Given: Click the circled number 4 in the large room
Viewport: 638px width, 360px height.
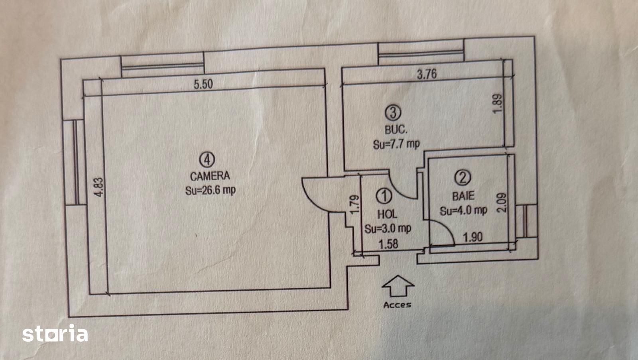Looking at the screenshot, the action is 207,159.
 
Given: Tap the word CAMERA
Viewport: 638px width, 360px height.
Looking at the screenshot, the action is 210,176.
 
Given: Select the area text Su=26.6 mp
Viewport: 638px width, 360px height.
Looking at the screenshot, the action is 211,191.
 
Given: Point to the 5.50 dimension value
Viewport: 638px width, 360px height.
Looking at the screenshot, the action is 203,85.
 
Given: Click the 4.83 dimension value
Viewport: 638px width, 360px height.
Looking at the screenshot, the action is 99,187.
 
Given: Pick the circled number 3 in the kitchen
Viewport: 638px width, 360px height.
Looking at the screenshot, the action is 393,112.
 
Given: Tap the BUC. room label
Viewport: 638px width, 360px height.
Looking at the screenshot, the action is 396,130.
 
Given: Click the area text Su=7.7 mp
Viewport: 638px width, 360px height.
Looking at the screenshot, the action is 396,144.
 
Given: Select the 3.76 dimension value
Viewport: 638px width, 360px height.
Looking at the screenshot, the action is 427,74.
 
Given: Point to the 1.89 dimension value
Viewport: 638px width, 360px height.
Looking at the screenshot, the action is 497,104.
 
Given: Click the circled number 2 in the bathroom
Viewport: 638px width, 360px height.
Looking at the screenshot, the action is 463,177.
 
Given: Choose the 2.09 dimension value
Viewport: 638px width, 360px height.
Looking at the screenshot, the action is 502,203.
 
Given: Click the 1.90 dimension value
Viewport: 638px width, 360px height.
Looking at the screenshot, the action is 473,237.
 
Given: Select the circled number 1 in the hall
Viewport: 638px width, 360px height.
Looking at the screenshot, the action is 384,196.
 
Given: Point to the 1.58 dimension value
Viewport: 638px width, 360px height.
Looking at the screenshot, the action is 388,244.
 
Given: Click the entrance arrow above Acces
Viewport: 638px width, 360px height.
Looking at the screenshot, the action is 398,286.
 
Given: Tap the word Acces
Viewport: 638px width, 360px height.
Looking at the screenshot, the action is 397,305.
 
